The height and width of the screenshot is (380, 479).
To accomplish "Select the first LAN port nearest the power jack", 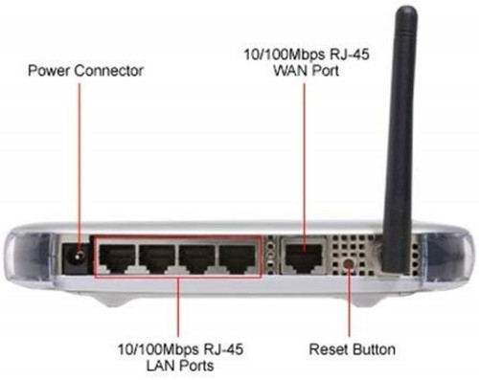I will (117, 257).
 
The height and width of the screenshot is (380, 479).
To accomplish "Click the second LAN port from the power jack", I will (158, 257).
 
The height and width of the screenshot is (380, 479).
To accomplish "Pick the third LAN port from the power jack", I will (198, 257).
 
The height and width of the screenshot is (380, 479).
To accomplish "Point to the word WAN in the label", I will (292, 72).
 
